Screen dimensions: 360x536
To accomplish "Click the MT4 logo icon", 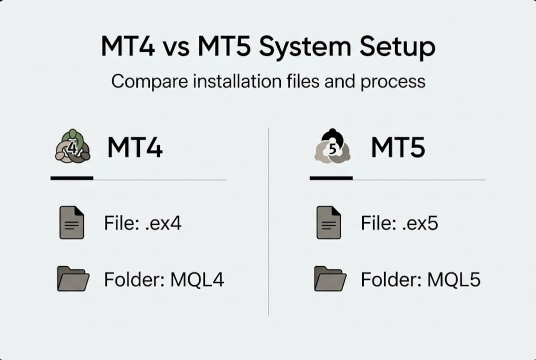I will (72, 146).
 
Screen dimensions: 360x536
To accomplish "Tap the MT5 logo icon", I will (332, 146).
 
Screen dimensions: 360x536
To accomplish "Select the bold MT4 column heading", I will (135, 147).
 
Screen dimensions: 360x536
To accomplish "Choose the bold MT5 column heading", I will (398, 147).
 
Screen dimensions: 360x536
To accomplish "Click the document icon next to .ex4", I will (71, 222).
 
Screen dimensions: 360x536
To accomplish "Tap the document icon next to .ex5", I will (329, 222).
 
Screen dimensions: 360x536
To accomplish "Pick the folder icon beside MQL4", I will (73, 278).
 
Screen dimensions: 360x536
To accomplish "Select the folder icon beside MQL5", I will (330, 278).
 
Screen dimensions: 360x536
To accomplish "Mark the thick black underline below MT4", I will (71, 178).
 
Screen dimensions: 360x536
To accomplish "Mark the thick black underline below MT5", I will (331, 178).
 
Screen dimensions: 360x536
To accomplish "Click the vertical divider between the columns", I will (268, 220).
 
